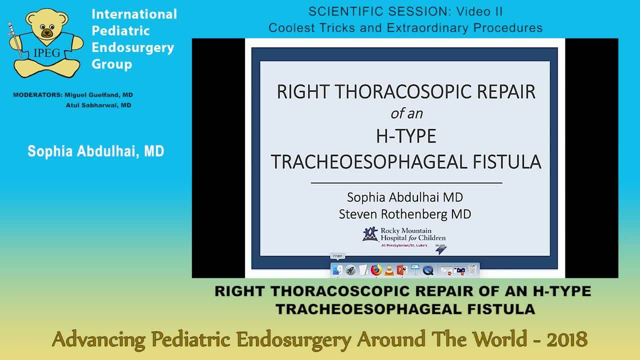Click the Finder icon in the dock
337,270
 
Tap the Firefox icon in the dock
376,270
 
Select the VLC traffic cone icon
389,270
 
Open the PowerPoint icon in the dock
402,270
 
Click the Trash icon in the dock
472,270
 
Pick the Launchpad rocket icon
350,270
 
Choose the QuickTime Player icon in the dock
428,270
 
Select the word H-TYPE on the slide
406,136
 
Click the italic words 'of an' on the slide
406,113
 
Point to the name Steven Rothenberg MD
405,214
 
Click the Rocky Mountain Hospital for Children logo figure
370,233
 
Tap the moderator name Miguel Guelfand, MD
98,95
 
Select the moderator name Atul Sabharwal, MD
98,105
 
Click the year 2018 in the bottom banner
566,339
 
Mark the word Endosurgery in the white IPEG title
133,47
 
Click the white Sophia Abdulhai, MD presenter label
96,151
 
